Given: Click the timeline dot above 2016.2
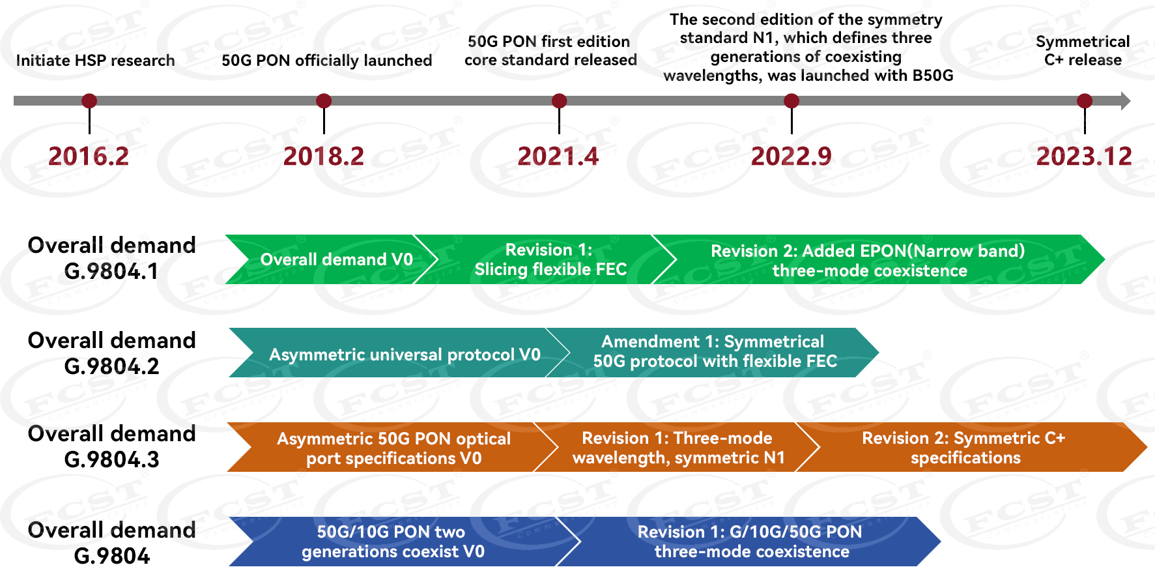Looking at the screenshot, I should pos(89,101).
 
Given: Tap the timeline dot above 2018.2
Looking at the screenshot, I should pos(324,101).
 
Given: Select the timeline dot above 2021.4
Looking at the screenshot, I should pos(559,101).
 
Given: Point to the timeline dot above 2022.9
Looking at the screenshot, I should pos(791,101).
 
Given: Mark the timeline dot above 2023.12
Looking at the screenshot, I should pos(1085,101).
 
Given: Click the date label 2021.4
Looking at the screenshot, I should pos(558,156).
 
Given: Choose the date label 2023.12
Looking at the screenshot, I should pos(1084,156).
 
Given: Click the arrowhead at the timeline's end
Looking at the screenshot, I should pos(1125,101).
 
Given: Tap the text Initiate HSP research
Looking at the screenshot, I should pos(95,61).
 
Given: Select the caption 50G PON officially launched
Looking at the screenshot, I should pos(326,61).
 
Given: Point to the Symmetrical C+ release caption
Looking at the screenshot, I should pos(1083,51).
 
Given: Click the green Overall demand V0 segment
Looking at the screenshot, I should pos(335,259).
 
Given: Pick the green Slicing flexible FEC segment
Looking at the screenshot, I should pos(550,259).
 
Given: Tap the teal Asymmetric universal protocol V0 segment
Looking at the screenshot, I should pos(404,355).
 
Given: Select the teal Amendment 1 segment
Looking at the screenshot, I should pos(714,352).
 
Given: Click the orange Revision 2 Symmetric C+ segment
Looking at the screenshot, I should pos(964,448).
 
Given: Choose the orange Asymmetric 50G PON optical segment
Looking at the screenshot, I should pos(393,448).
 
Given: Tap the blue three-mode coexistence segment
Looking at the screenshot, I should pos(750,542).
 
